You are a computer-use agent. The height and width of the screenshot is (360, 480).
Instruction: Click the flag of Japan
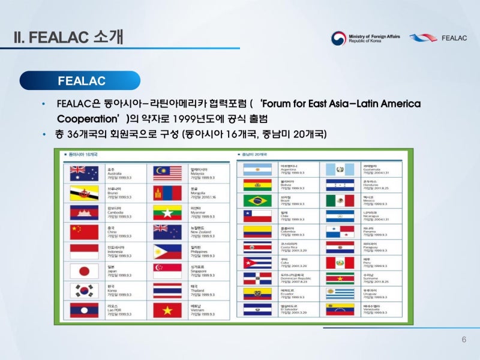click(x=84, y=270)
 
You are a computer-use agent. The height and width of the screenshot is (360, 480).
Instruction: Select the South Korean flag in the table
click(x=84, y=290)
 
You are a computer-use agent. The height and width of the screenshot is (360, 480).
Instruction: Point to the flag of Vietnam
click(x=167, y=310)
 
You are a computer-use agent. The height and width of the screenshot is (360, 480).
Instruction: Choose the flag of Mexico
click(x=340, y=200)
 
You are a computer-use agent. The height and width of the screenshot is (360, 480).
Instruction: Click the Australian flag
click(x=84, y=174)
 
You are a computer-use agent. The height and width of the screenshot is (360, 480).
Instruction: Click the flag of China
click(x=84, y=232)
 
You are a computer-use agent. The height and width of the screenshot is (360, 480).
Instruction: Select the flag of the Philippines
click(x=167, y=251)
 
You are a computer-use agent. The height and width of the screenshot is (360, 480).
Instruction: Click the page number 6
click(x=464, y=340)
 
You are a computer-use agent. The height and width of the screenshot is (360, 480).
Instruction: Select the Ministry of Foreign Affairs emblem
click(x=338, y=38)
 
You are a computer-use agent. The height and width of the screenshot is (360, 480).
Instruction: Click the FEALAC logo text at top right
click(x=454, y=38)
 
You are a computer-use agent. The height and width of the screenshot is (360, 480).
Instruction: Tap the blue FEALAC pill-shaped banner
click(x=81, y=80)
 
